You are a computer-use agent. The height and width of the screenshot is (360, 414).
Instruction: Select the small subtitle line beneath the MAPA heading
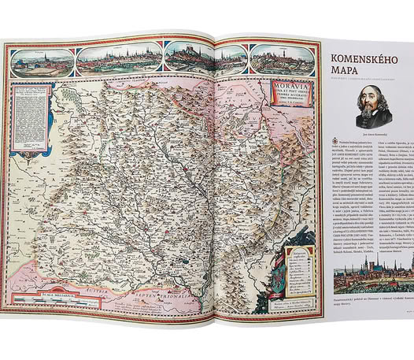click(358, 88)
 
